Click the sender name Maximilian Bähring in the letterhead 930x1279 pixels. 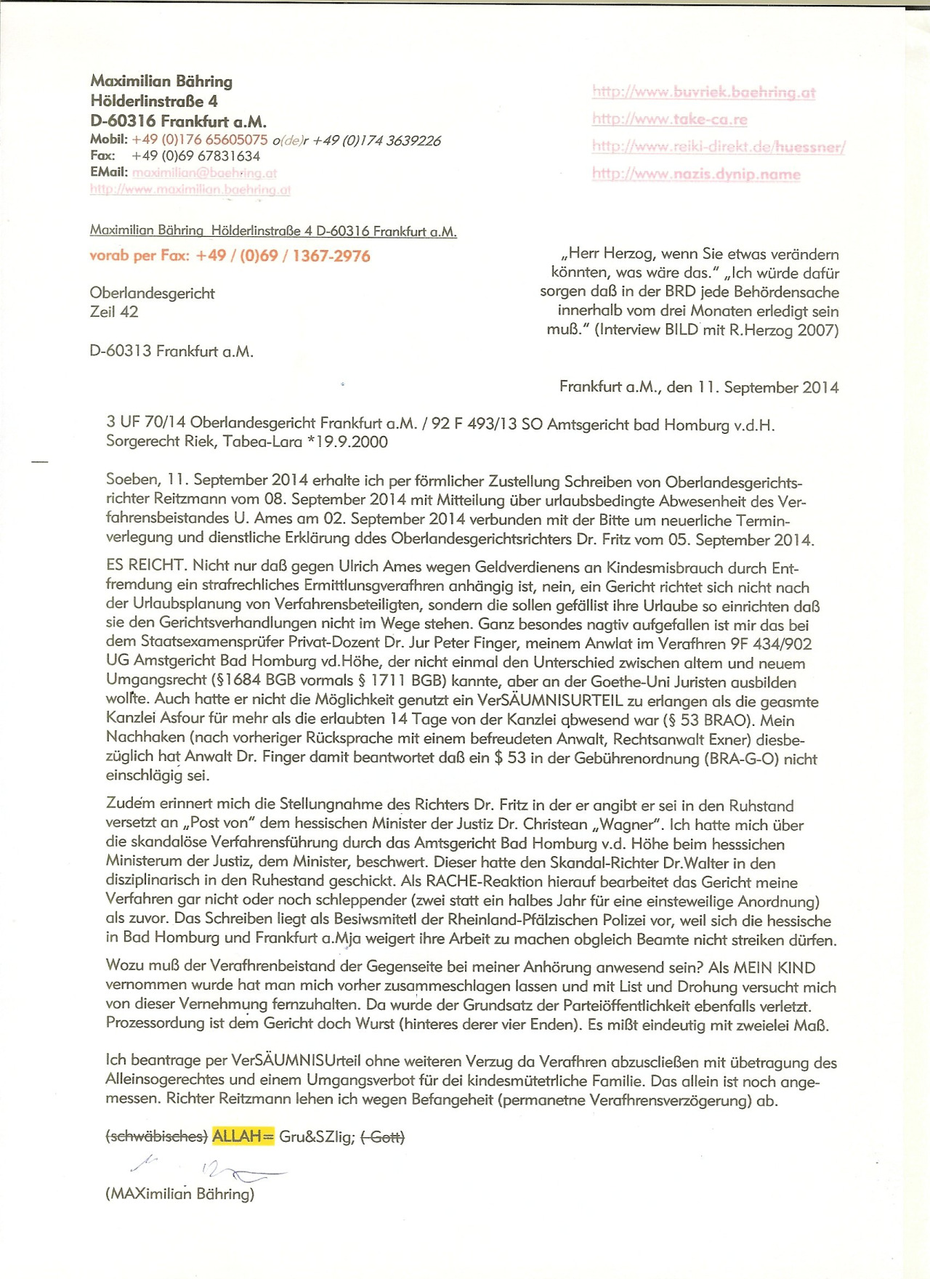tap(161, 81)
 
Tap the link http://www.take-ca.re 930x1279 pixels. tap(669, 119)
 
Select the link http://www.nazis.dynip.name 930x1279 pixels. tap(696, 174)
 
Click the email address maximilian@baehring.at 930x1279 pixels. tap(204, 173)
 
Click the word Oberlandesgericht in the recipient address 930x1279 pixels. tap(152, 294)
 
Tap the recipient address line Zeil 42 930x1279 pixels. tap(114, 312)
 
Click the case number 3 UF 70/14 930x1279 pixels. tap(145, 422)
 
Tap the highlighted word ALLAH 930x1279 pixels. tap(237, 1137)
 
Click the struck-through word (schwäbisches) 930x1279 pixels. tap(157, 1137)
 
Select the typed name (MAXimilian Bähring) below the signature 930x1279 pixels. tap(179, 1194)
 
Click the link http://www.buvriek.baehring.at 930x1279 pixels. tap(703, 92)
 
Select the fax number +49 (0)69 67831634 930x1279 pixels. tap(195, 156)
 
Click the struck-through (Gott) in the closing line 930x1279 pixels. tap(382, 1137)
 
